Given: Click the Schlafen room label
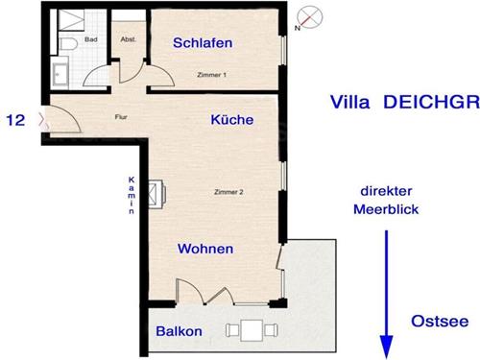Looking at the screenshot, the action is click(203, 43).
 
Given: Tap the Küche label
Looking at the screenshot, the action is click(232, 119).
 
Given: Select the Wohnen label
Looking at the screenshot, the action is click(205, 249).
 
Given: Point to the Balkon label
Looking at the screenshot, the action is click(179, 331).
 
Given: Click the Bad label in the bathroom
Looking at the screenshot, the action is click(91, 39).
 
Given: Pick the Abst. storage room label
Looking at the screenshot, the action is click(128, 39).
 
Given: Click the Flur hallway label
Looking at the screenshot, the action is click(121, 117).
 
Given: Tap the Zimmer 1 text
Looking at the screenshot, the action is click(211, 75).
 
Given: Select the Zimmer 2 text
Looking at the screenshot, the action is click(228, 192).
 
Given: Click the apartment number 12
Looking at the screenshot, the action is click(15, 120).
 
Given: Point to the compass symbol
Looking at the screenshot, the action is click(309, 18).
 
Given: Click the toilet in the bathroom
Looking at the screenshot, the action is click(68, 44).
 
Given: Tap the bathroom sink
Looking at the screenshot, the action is click(60, 75).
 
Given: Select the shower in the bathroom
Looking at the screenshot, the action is click(71, 20).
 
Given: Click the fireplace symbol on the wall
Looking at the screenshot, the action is click(156, 194).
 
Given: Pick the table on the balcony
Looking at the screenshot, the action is click(252, 330).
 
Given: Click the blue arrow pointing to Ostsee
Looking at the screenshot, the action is click(386, 295).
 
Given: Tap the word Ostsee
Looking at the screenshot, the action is click(440, 322).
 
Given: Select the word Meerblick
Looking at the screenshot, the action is click(386, 209).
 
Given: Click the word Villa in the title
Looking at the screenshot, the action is click(349, 102).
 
